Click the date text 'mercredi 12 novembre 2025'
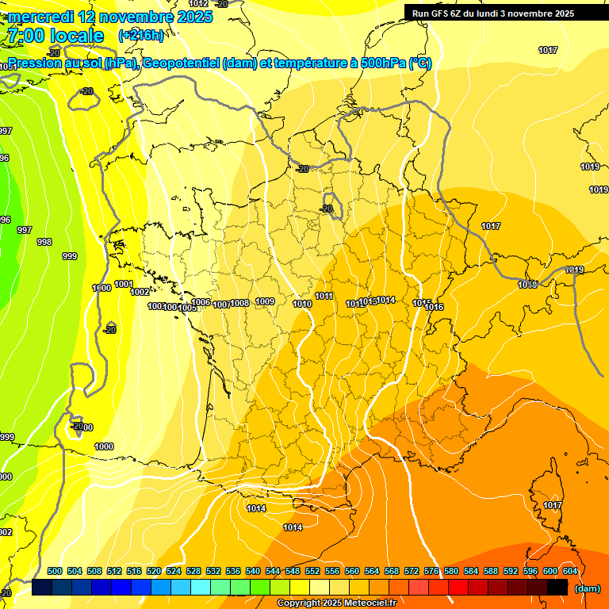tap(110, 17)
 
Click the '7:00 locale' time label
tap(55, 36)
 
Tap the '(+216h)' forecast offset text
tap(141, 36)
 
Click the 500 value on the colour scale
tap(55, 571)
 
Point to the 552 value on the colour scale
tap(312, 571)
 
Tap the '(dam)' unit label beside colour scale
tap(588, 588)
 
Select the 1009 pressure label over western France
tap(265, 301)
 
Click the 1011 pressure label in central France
tap(324, 297)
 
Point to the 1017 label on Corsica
tap(553, 505)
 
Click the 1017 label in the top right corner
tap(548, 50)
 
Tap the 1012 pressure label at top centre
tap(198, 4)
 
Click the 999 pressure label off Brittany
tap(70, 256)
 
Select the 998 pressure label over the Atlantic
tap(44, 243)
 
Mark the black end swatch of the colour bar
tap(557, 588)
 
